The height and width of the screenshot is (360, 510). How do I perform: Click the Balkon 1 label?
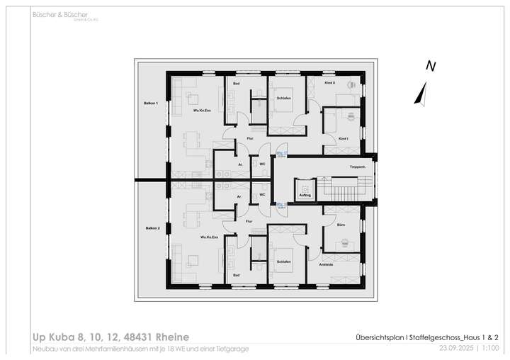point(152,103)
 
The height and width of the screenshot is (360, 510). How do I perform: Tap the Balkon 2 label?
point(153,228)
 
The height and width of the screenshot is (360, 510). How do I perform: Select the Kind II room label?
point(329,83)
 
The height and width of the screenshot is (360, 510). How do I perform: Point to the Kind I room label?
point(344,138)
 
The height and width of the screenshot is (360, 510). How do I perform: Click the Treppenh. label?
point(358,167)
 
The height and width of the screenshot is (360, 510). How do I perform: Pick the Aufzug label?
point(305,194)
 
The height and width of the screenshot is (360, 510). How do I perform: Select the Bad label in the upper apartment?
point(237,84)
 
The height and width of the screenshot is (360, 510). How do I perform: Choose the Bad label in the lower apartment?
point(237,275)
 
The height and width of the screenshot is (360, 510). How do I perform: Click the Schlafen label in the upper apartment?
point(285,97)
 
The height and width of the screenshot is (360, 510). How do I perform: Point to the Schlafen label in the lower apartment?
point(283,261)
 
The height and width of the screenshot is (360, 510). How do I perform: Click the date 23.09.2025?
point(455,349)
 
